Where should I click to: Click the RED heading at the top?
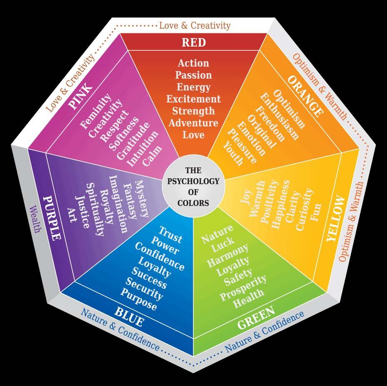tap(193, 42)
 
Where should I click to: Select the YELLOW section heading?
tap(336, 219)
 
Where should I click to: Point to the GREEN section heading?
tap(256, 318)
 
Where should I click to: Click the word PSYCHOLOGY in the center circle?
tap(193, 181)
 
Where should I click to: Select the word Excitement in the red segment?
tap(193, 99)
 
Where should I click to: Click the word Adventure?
tap(193, 123)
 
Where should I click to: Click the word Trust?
tap(170, 234)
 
